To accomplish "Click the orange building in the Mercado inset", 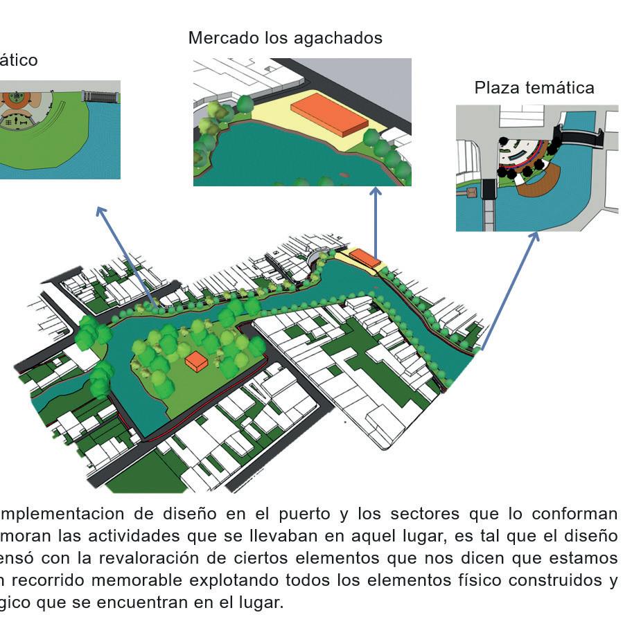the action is (x=329, y=114).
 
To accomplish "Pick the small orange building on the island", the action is (x=197, y=361).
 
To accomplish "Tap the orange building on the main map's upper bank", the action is (x=364, y=258).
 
